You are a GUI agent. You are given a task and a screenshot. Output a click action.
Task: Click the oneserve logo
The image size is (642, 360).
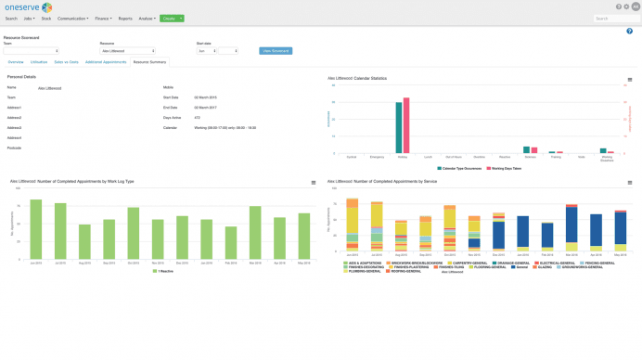click(27, 7)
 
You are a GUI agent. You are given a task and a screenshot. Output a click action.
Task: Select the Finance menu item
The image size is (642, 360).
click(101, 18)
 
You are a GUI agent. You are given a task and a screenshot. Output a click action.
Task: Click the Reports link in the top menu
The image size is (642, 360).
click(125, 18)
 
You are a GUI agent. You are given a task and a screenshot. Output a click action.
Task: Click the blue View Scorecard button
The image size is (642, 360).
click(276, 51)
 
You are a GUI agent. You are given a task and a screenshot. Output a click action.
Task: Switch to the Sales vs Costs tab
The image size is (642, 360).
click(67, 62)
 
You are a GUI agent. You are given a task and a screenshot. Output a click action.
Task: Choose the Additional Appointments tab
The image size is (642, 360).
click(106, 62)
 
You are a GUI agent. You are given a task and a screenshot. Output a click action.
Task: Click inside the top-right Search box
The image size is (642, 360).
click(614, 18)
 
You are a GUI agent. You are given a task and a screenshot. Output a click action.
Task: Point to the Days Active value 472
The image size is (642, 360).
click(196, 118)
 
